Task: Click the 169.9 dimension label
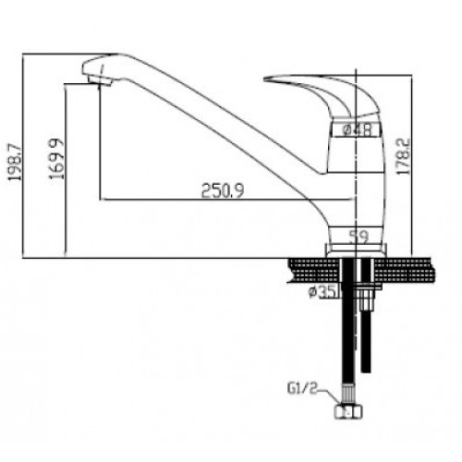click(x=56, y=159)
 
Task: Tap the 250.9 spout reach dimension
click(x=223, y=190)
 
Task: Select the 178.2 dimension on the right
click(x=404, y=156)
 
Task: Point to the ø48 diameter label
click(x=358, y=130)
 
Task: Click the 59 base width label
click(x=359, y=237)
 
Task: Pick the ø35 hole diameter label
click(x=322, y=292)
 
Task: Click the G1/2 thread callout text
click(x=302, y=389)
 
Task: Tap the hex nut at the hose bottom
click(x=348, y=411)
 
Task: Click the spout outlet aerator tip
click(x=100, y=81)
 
